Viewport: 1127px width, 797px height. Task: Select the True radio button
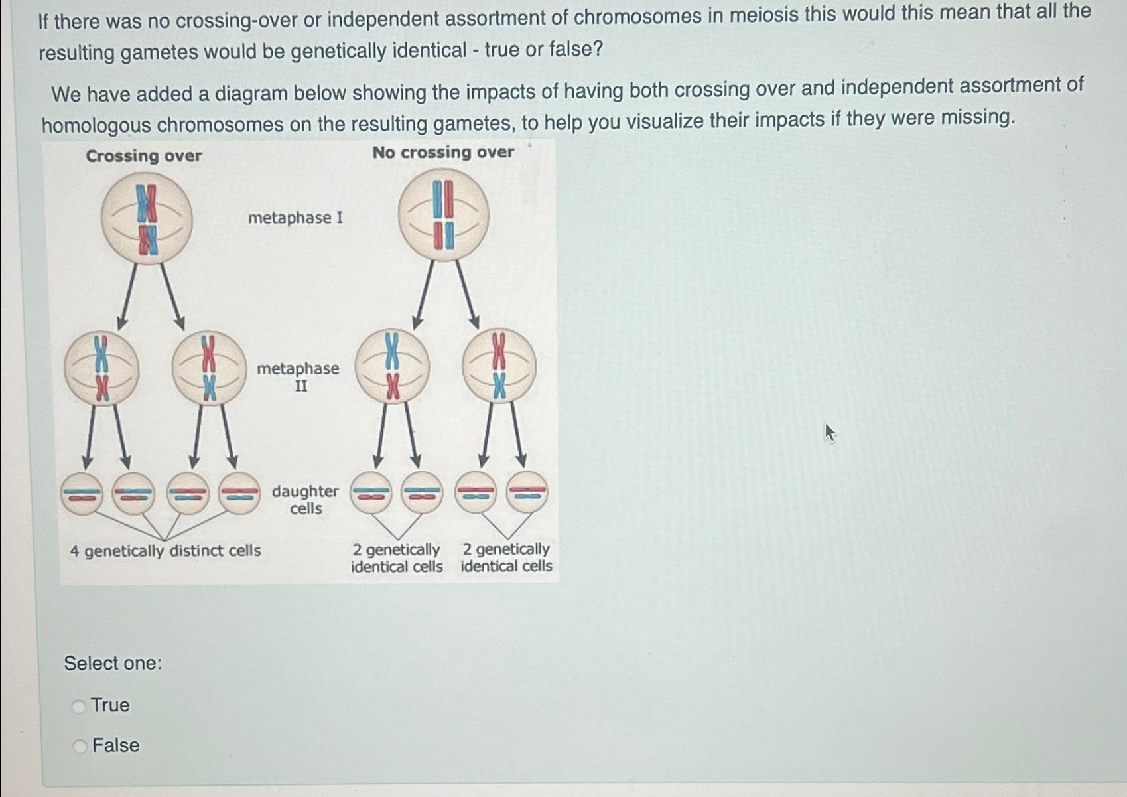(x=79, y=707)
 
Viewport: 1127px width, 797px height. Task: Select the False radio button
(x=80, y=747)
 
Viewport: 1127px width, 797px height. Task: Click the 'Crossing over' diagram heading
(x=144, y=156)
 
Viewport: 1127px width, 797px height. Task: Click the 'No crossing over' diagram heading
(x=443, y=153)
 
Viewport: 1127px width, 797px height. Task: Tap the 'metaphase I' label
(x=296, y=218)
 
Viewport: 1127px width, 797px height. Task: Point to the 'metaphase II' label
(x=298, y=376)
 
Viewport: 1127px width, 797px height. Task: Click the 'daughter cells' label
(x=305, y=500)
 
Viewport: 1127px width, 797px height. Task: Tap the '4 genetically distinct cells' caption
(x=165, y=551)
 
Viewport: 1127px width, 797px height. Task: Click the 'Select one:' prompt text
(x=113, y=663)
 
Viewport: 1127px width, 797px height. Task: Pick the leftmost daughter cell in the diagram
(x=82, y=493)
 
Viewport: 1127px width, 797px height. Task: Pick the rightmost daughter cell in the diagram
(x=527, y=492)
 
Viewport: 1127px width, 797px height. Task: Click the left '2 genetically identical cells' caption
(x=397, y=558)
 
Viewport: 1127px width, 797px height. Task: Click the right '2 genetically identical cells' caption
(x=506, y=557)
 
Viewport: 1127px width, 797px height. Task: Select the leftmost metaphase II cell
(x=101, y=368)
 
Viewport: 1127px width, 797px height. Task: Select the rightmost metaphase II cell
(x=499, y=366)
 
